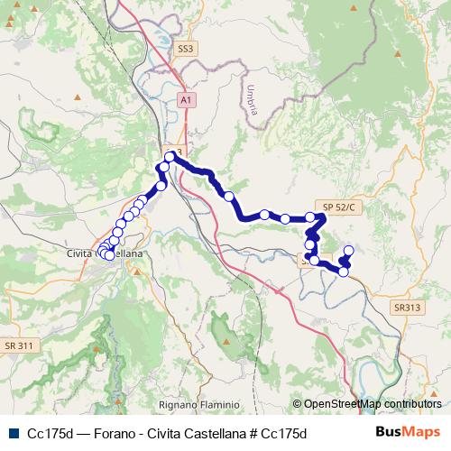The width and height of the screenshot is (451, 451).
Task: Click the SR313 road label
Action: tap(406, 308)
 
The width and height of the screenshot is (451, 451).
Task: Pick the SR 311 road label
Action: tap(19, 345)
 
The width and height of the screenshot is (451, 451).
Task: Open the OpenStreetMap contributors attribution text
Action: tap(372, 404)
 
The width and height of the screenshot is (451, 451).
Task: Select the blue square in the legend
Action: tap(11, 433)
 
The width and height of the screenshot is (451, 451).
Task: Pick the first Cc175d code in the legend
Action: tap(51, 433)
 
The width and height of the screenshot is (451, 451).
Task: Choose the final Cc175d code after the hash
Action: tap(284, 433)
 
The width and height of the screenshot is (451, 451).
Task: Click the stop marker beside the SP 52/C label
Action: tap(310, 217)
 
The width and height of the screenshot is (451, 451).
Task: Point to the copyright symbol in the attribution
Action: tap(297, 404)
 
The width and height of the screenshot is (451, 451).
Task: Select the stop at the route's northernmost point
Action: tap(170, 157)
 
